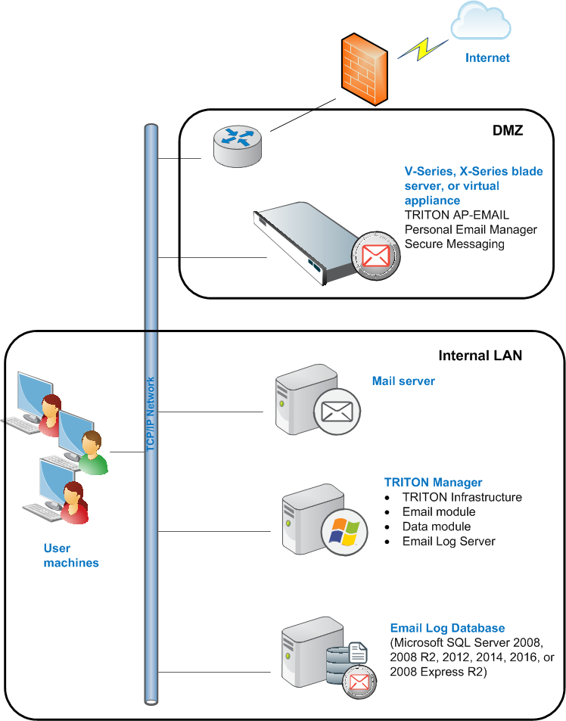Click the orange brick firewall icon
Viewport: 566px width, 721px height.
[x=365, y=69]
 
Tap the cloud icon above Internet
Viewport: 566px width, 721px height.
[x=480, y=20]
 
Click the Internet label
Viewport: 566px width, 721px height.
[x=487, y=58]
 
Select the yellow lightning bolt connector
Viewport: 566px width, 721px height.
[x=422, y=49]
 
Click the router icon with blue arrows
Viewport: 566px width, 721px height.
[x=238, y=146]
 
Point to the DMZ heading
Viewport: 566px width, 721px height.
[x=508, y=131]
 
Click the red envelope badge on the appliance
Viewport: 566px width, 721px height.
[x=375, y=256]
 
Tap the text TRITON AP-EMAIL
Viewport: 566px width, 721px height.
[x=456, y=215]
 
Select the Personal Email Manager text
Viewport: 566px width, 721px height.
[x=471, y=229]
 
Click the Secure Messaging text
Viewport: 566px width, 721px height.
[x=454, y=244]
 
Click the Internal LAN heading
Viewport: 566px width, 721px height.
[x=480, y=356]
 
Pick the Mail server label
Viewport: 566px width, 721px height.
[x=403, y=381]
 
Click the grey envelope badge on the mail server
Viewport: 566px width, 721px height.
[x=337, y=412]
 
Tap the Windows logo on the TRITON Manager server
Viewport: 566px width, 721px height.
[x=344, y=532]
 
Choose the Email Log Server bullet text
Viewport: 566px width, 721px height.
[x=449, y=541]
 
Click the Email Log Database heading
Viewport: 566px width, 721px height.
[x=447, y=628]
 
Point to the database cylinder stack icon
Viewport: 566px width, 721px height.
[x=338, y=665]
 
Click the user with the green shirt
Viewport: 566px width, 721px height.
[x=92, y=453]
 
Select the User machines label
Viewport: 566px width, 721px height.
[x=71, y=555]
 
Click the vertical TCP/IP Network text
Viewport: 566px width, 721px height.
[x=151, y=414]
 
